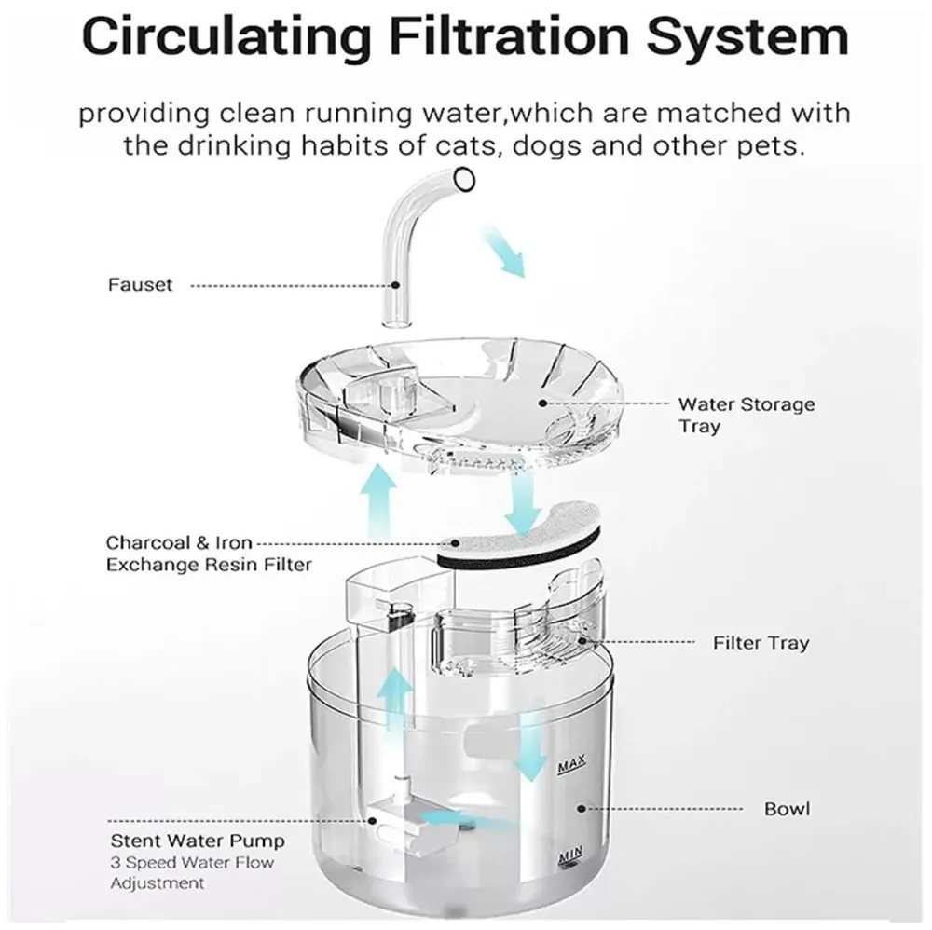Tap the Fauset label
pos(141,285)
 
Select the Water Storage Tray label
pos(746,416)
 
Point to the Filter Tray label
pos(761,643)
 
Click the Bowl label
pos(787,808)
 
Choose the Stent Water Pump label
pos(199,841)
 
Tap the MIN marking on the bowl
pos(569,855)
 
